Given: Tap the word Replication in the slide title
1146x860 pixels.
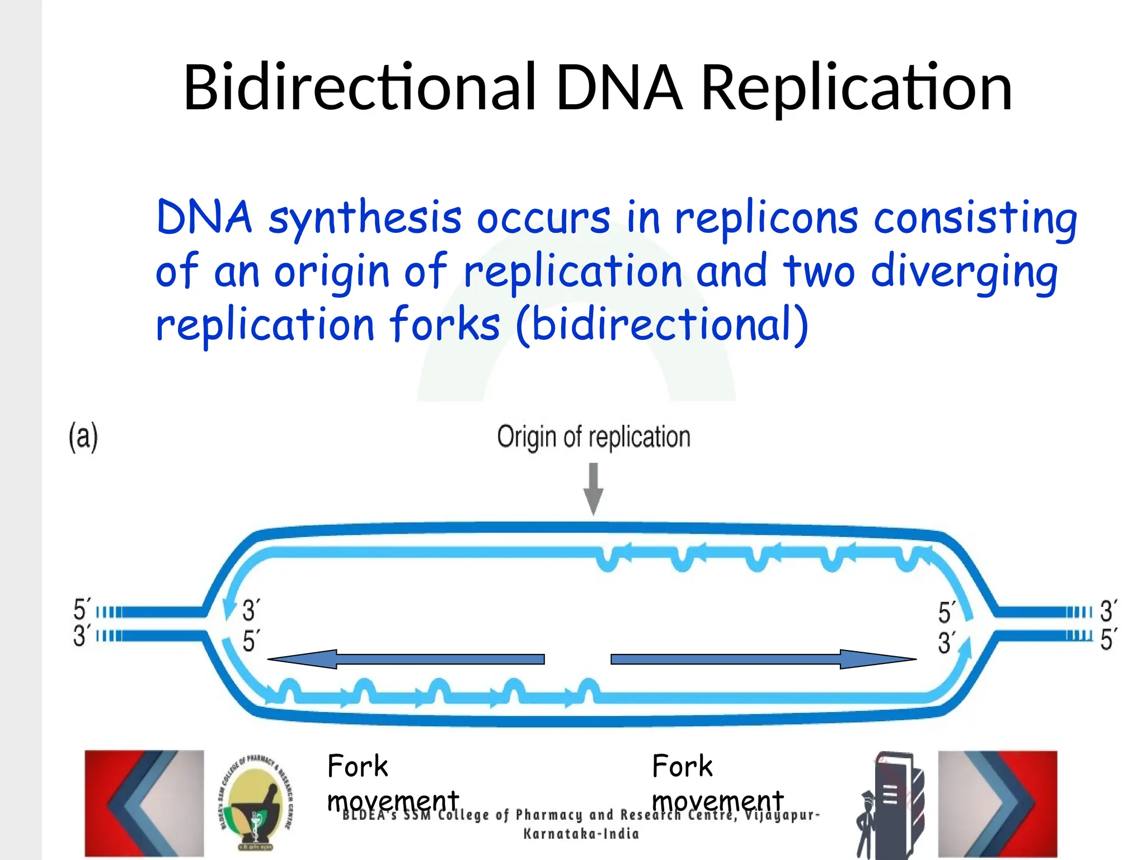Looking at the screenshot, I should pyautogui.click(x=856, y=87).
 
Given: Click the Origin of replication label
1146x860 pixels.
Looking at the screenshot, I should pyautogui.click(x=593, y=437).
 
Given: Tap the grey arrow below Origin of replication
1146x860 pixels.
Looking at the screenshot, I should pyautogui.click(x=593, y=488).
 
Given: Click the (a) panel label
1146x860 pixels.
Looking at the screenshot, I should pyautogui.click(x=83, y=437).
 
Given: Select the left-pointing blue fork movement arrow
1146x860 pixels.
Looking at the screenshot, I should pyautogui.click(x=406, y=659).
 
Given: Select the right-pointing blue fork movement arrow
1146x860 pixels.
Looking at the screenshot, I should pyautogui.click(x=763, y=659).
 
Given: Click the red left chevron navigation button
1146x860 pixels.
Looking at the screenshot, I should pyautogui.click(x=144, y=803).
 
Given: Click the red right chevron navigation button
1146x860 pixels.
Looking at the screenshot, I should pyautogui.click(x=998, y=803).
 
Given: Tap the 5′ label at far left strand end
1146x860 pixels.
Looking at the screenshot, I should pyautogui.click(x=82, y=609).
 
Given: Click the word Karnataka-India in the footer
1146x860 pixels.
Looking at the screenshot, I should pyautogui.click(x=581, y=834).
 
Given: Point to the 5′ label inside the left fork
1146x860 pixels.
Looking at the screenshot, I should pyautogui.click(x=250, y=641).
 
